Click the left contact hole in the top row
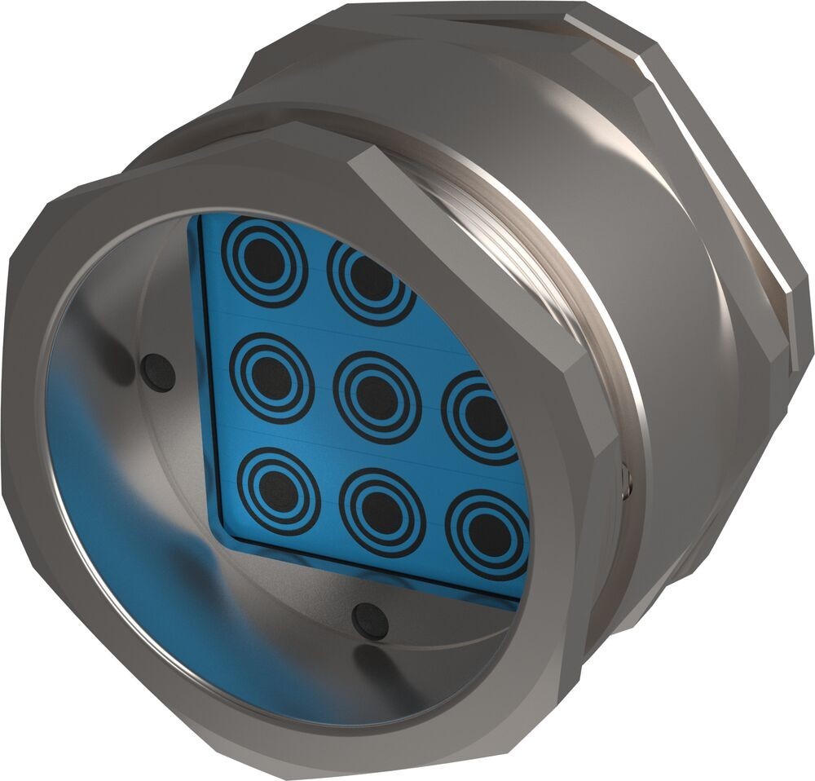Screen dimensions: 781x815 [266, 259]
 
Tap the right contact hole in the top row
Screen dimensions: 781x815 [370, 280]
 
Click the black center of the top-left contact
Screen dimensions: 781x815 [266, 259]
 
